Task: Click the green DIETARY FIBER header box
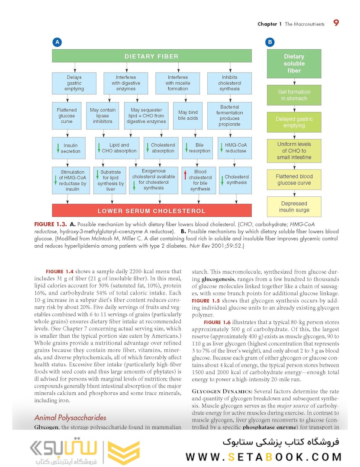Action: pos(151,56)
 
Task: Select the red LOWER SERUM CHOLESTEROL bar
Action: pos(151,211)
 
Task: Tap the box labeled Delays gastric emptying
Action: pos(74,83)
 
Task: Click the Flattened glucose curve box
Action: pos(67,115)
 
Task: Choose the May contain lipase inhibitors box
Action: pos(103,115)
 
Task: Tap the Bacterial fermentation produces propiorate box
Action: pos(229,115)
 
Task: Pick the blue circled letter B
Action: pos(270,42)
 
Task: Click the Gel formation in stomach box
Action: pos(294,95)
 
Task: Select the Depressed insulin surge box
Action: pos(294,207)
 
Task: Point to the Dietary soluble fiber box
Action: pos(294,64)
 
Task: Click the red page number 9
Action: pos(336,23)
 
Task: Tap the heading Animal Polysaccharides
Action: pos(70,418)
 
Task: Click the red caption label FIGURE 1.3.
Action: pos(50,224)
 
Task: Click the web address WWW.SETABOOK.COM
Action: pos(264,457)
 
